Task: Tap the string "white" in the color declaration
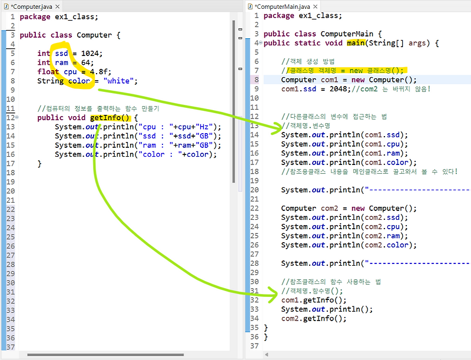(x=120, y=81)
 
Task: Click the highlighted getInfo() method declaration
(x=109, y=117)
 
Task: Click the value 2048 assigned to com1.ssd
(x=336, y=89)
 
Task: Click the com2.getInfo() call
(x=314, y=318)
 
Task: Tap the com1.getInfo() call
(x=314, y=300)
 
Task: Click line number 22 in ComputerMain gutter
(x=254, y=208)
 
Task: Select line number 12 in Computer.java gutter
(x=10, y=117)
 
